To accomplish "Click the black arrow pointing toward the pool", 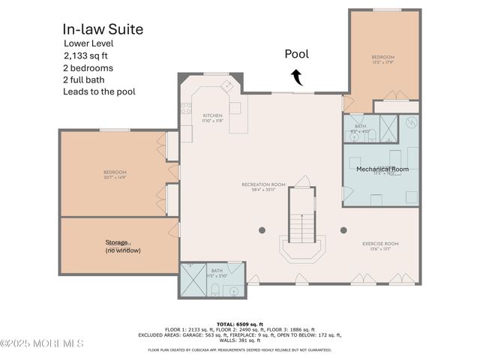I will coord(297,76).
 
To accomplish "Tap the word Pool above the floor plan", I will coord(296,54).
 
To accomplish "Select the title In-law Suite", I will coord(103,30).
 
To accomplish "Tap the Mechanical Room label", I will coord(382,169).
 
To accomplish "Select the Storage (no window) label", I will coord(123,246).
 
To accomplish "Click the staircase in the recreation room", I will coord(301,225).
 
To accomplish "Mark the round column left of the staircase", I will coord(262,230).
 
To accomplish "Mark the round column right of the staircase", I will coord(343,230).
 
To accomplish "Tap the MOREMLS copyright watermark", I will coord(42,343).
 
